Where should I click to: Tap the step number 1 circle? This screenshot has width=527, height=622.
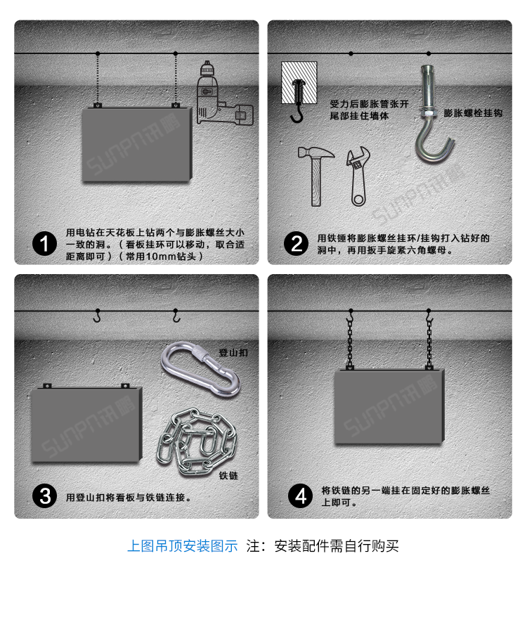(46, 244)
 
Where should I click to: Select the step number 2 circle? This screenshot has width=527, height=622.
(297, 244)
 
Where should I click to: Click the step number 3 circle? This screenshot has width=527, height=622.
(46, 497)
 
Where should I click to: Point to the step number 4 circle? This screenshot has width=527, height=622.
(301, 497)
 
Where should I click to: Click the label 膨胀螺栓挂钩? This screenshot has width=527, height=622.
(473, 113)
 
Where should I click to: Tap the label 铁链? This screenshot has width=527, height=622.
(229, 476)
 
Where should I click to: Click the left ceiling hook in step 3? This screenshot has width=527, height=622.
(98, 317)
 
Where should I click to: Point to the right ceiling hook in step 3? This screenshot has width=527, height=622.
(176, 317)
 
